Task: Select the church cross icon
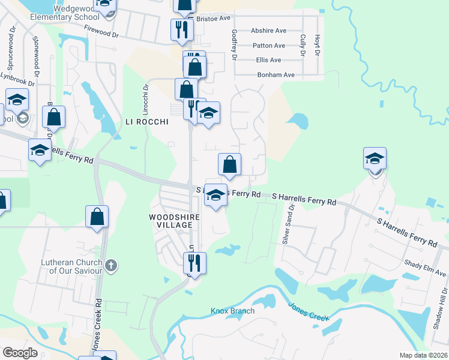pos(110,265)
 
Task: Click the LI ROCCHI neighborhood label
pos(145,121)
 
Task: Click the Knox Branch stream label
pos(232,311)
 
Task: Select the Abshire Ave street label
pos(268,31)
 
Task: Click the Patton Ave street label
pos(268,46)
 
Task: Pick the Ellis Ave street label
pos(268,60)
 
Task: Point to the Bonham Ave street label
pos(276,75)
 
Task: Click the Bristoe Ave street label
pos(214,18)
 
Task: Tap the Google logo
pos(19,353)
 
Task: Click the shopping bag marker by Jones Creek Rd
pos(97,217)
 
